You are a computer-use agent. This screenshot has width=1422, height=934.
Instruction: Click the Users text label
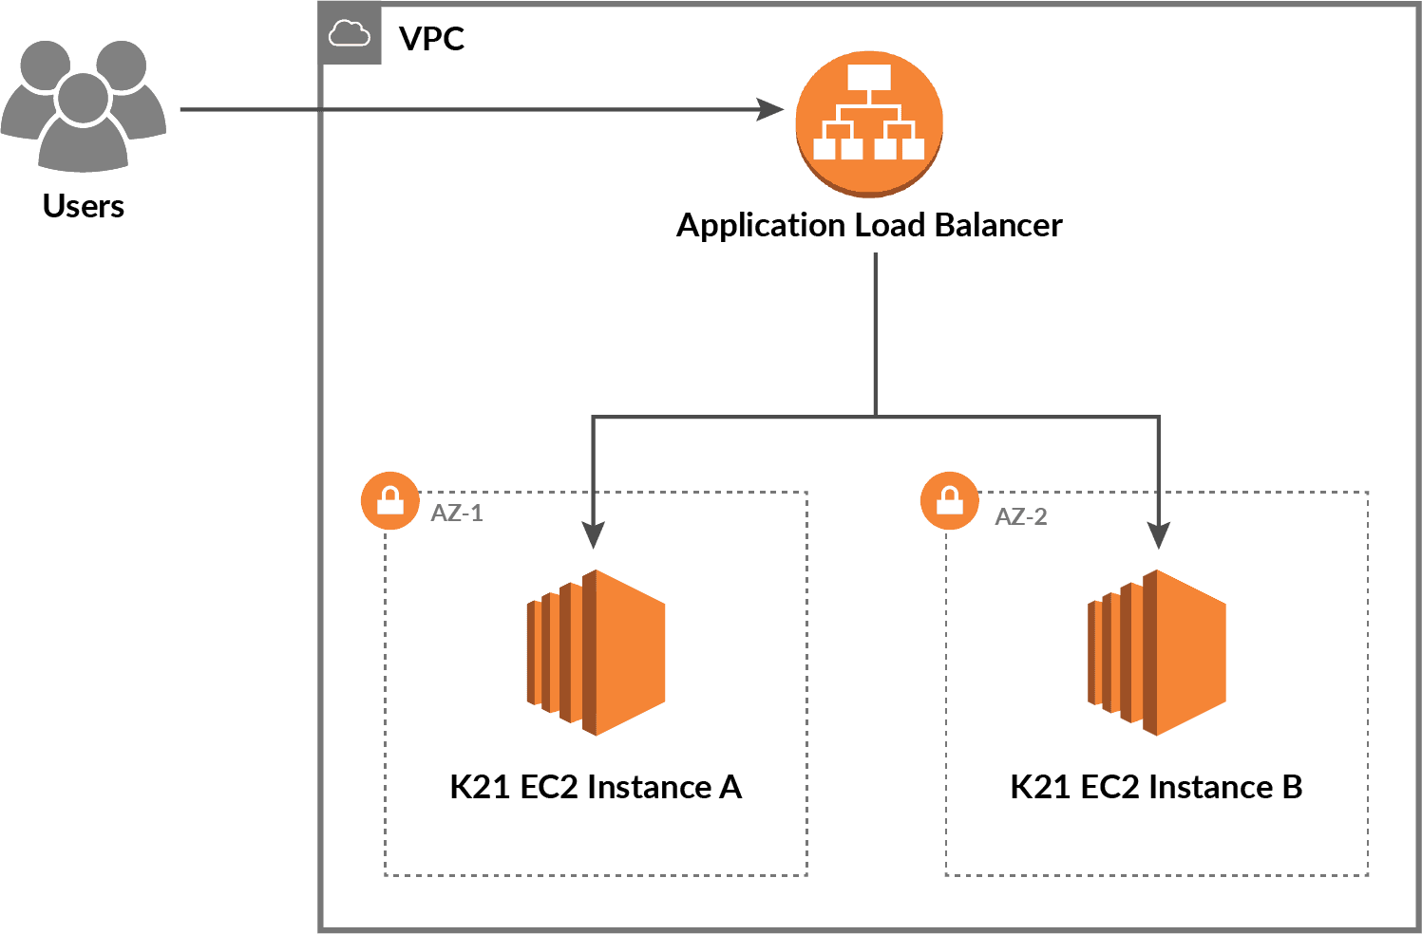pos(84,206)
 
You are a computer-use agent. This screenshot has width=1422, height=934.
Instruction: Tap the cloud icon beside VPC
pos(349,35)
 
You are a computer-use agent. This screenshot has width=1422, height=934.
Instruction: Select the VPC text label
pos(431,39)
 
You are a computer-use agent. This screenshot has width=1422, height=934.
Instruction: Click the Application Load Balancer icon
pos(869,123)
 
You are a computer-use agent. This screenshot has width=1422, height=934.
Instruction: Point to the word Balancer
pos(997,225)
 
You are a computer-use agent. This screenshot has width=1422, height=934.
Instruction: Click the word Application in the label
pos(760,226)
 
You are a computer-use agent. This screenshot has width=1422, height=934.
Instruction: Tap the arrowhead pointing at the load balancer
pos(770,109)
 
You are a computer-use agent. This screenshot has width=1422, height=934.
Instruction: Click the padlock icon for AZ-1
pos(390,500)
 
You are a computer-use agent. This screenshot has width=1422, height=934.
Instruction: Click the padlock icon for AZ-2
pos(950,500)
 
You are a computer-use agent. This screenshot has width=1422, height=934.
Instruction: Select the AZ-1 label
pos(457,514)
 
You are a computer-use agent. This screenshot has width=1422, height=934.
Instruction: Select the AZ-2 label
pos(1020,517)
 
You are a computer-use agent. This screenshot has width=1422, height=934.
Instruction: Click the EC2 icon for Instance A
pos(597,652)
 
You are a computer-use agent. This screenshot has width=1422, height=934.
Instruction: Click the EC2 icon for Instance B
pos(1157,652)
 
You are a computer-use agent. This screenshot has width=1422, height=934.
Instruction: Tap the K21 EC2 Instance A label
pos(596,787)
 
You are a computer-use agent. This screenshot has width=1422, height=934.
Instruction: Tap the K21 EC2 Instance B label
pos(1156,787)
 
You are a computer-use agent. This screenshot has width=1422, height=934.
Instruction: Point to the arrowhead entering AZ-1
pos(593,535)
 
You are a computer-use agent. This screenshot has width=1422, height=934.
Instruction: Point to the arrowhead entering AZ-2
pos(1158,535)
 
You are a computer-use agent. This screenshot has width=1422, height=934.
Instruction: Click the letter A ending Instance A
pos(730,787)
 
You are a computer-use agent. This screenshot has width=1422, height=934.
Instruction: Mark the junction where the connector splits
pos(875,416)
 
